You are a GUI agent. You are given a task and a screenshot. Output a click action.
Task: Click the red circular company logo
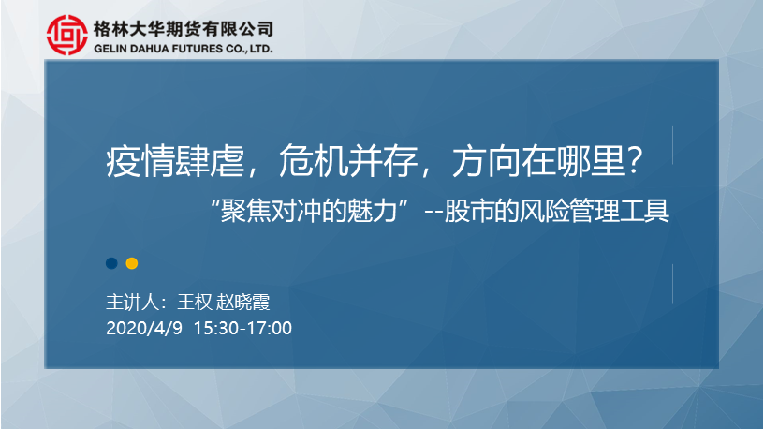(67, 35)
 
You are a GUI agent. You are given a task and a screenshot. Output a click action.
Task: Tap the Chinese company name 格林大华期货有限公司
(184, 29)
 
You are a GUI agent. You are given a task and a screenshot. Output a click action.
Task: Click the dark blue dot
(111, 263)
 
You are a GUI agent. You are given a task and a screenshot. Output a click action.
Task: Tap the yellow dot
(132, 263)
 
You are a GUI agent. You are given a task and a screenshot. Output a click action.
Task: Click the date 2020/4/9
(144, 328)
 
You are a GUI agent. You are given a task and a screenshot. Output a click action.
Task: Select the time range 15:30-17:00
(242, 328)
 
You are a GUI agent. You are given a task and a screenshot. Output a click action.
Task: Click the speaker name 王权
(195, 303)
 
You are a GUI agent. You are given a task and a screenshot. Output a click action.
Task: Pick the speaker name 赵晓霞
(243, 303)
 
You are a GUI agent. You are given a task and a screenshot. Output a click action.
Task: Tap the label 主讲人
(133, 303)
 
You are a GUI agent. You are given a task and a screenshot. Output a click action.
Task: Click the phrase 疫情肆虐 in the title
(175, 161)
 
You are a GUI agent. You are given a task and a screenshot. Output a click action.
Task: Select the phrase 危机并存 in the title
(348, 161)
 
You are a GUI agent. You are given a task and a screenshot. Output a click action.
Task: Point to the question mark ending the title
(635, 161)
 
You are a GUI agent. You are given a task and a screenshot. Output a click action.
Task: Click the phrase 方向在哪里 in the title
(539, 161)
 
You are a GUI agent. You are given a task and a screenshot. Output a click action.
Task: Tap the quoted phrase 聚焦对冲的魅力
(309, 211)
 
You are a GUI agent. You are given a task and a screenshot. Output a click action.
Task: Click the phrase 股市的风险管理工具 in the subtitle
(556, 211)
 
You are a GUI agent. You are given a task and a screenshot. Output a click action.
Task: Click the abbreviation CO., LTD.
(249, 49)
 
